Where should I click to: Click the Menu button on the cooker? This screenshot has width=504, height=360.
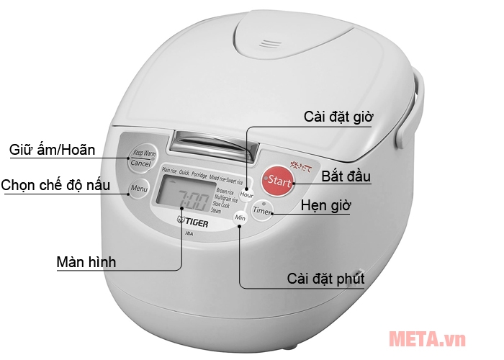point(138,189)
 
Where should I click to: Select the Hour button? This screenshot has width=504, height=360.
point(247,193)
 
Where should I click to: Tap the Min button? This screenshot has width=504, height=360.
point(240,217)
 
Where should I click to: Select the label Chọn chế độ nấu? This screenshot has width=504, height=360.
point(56,186)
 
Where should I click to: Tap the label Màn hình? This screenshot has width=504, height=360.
point(86,261)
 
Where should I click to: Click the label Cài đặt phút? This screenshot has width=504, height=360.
point(325,278)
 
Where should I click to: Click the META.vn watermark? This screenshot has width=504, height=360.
point(428,338)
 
